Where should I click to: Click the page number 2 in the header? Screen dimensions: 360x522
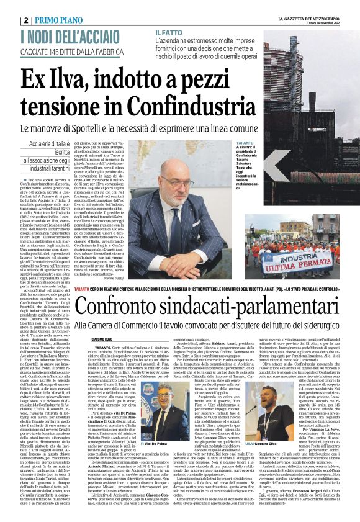pyautogui.click(x=25, y=20)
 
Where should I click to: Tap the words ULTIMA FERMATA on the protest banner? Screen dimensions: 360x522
pyautogui.click(x=301, y=261)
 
